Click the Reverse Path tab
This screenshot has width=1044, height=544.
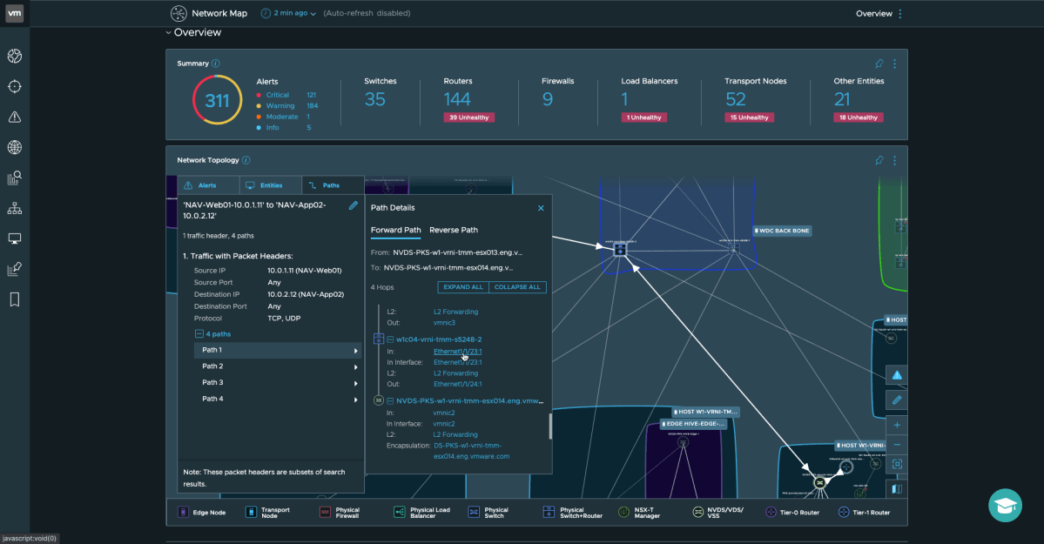click(453, 230)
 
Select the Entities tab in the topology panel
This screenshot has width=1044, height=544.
click(271, 185)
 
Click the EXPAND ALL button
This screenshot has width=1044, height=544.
click(463, 287)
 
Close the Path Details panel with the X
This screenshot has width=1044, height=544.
click(541, 208)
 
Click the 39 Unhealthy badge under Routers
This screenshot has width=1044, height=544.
click(469, 118)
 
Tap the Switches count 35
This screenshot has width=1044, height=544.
click(375, 99)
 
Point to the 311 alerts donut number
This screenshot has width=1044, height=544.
click(217, 100)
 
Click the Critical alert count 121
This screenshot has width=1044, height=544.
click(311, 95)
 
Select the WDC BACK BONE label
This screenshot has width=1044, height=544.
click(784, 231)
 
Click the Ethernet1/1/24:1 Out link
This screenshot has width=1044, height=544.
click(457, 384)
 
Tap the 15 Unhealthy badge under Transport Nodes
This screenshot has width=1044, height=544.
click(748, 118)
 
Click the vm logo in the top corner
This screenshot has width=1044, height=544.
click(14, 13)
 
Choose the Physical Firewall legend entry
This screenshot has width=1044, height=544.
click(340, 513)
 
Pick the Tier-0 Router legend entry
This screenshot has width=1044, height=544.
click(796, 513)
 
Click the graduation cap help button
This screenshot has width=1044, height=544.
click(1005, 505)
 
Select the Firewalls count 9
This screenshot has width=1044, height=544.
click(548, 99)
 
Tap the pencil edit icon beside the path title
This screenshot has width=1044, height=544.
click(354, 205)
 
